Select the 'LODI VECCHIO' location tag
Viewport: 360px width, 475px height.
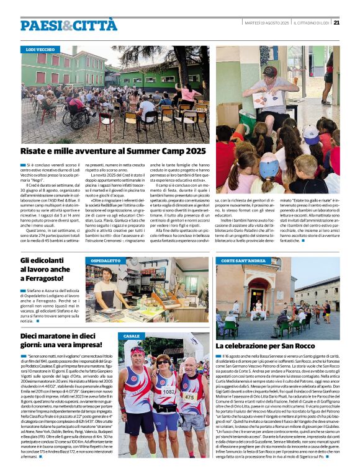coord(40,49)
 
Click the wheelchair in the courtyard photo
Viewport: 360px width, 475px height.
coord(70,118)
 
